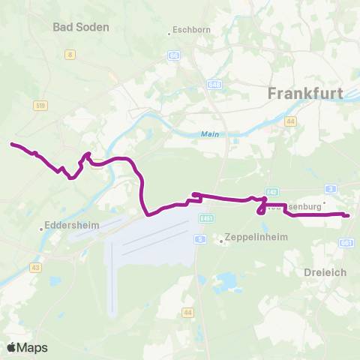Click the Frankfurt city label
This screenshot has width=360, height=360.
tap(305, 94)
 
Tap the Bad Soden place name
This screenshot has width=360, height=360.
tap(81, 27)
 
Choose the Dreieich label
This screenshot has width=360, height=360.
tap(325, 272)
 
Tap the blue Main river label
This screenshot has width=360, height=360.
tap(208, 134)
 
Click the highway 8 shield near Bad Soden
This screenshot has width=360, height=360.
tap(70, 54)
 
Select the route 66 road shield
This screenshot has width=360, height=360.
tap(174, 55)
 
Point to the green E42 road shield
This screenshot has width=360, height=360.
tap(271, 192)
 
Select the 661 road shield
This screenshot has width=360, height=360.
tap(346, 243)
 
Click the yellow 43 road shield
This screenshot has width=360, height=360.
tap(35, 267)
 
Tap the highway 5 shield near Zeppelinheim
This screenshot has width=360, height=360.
tap(199, 238)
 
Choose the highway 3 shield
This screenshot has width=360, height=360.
tap(330, 189)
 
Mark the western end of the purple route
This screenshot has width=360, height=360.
tap(11, 143)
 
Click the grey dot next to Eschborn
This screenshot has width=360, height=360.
tap(169, 34)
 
